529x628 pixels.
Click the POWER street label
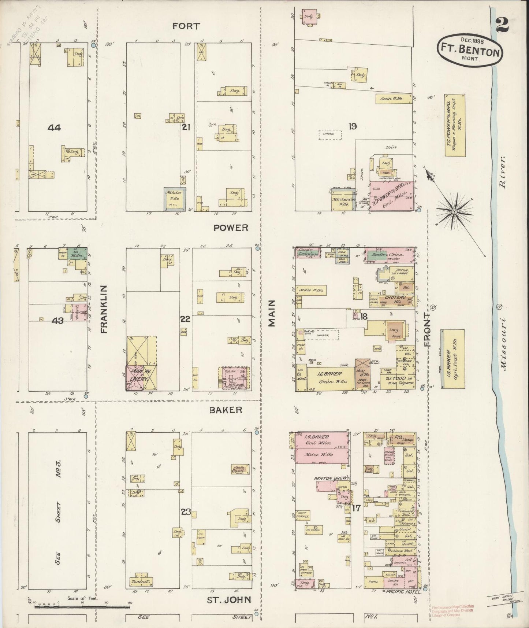(231, 228)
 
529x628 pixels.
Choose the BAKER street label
(226, 410)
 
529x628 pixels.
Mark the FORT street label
(186, 26)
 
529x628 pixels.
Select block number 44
(54, 128)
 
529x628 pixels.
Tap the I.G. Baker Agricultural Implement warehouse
(453, 358)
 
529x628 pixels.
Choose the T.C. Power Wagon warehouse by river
(455, 125)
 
